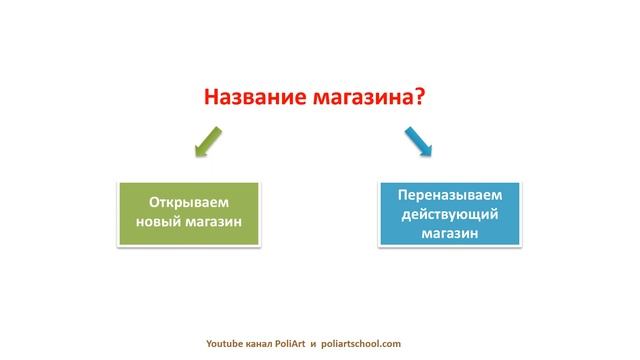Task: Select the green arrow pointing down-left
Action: tap(207, 141)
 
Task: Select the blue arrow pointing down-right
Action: tap(418, 141)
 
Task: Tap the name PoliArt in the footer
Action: tap(304, 342)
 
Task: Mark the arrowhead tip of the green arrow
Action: tap(195, 155)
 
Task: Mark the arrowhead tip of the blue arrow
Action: tap(431, 155)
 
